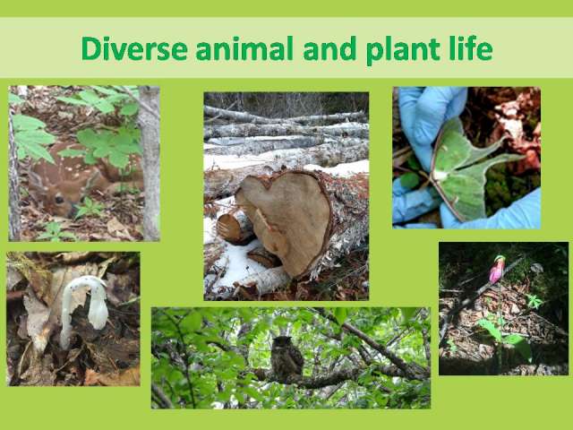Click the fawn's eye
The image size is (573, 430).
(x=59, y=199)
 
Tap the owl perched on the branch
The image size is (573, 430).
(x=286, y=357)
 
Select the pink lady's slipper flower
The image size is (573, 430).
(x=497, y=270)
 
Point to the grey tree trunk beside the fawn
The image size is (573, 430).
(x=150, y=163)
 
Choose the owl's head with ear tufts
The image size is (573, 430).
(x=281, y=342)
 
